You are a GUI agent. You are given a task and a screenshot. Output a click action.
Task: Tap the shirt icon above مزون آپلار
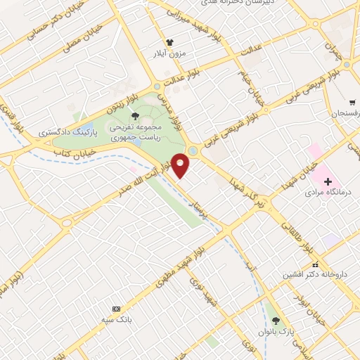click(x=169, y=41)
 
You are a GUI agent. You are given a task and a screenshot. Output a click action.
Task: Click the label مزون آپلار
click(x=169, y=53)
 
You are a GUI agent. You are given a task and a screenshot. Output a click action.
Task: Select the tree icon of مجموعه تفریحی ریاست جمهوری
click(x=136, y=115)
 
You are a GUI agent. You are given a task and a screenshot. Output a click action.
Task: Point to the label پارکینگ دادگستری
click(x=60, y=131)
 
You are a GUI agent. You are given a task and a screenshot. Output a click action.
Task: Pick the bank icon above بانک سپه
click(x=116, y=309)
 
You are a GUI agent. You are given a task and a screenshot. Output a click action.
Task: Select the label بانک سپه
click(x=116, y=319)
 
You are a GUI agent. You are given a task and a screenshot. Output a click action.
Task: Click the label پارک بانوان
click(x=275, y=330)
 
